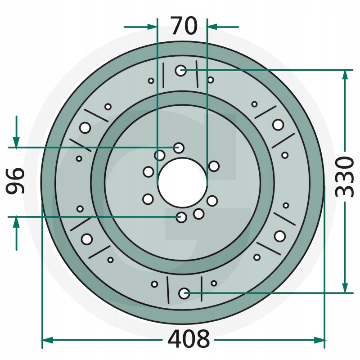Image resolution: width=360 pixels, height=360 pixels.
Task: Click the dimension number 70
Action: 184,26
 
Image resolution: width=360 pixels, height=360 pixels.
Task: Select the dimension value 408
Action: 189,339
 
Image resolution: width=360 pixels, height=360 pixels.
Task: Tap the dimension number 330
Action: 344,176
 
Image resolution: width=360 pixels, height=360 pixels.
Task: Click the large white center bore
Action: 183,183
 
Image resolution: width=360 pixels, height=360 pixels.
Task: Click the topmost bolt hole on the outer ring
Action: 181,71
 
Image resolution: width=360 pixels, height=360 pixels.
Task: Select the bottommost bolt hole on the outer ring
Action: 184,293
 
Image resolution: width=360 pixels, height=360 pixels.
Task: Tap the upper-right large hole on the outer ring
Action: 278,125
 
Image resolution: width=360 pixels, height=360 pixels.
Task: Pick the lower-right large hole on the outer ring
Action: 279,236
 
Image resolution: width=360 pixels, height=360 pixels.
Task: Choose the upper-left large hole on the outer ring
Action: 85,128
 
